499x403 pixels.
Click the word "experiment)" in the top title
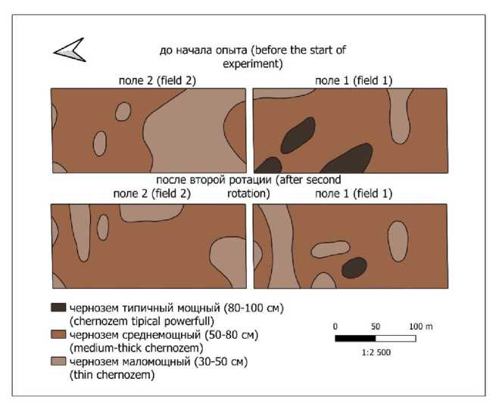[x=252, y=64]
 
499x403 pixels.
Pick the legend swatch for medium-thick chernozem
[x=58, y=335]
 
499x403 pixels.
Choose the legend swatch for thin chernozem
[x=58, y=362]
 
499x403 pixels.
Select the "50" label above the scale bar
[x=375, y=325]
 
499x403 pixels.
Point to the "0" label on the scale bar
[x=335, y=325]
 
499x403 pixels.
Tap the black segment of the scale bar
[x=355, y=338]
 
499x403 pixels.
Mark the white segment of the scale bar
[x=395, y=338]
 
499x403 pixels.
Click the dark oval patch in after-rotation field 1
[x=352, y=267]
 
